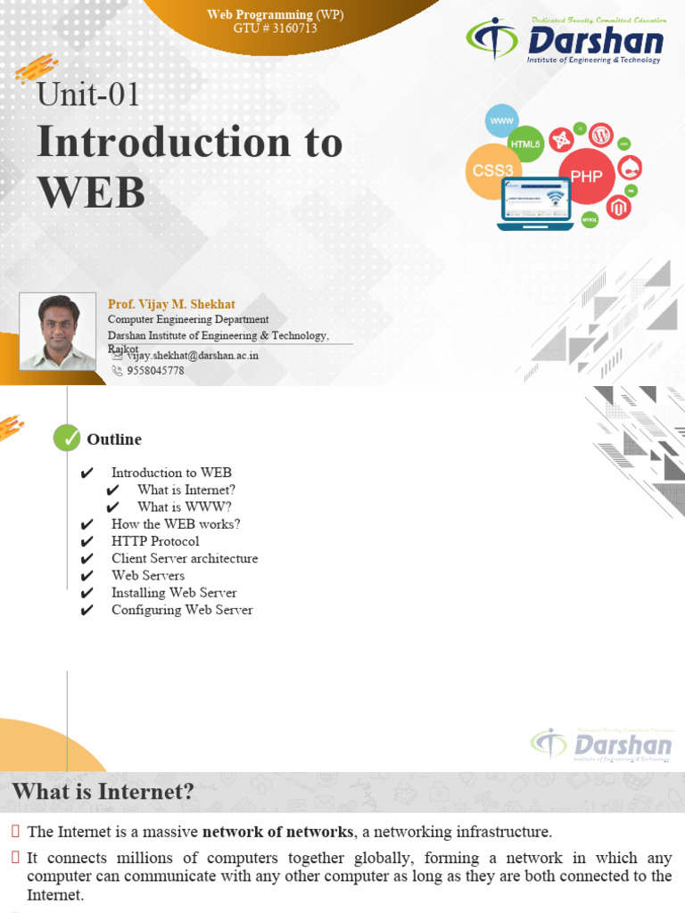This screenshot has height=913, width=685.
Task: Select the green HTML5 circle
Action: click(525, 144)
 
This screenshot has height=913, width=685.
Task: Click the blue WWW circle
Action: click(501, 119)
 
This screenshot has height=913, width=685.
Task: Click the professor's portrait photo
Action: click(58, 331)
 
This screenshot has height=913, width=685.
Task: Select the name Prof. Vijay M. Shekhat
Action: click(171, 304)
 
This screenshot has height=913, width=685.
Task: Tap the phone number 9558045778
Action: click(155, 370)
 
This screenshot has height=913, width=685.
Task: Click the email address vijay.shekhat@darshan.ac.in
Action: click(192, 355)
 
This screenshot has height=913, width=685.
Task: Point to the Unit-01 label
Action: click(88, 95)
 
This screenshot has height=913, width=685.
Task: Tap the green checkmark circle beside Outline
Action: click(67, 438)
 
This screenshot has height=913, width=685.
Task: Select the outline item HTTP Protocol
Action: click(155, 541)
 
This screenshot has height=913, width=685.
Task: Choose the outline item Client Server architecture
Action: click(185, 558)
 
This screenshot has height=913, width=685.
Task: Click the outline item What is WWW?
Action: click(185, 506)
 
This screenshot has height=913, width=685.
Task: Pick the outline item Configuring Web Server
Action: click(182, 610)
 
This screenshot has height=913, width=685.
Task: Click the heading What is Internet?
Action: click(103, 791)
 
